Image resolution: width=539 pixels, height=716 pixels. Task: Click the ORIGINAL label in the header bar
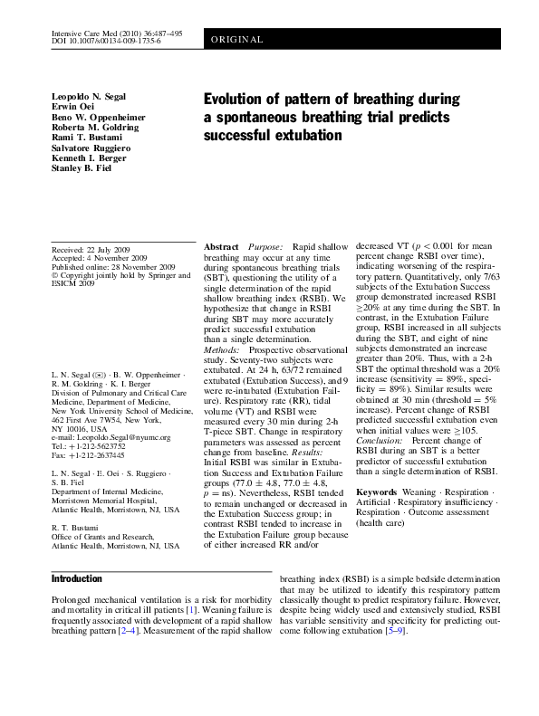[238, 41]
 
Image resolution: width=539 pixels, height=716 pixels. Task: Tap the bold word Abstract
[222, 246]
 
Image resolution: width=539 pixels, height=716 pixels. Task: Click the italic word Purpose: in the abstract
[265, 246]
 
